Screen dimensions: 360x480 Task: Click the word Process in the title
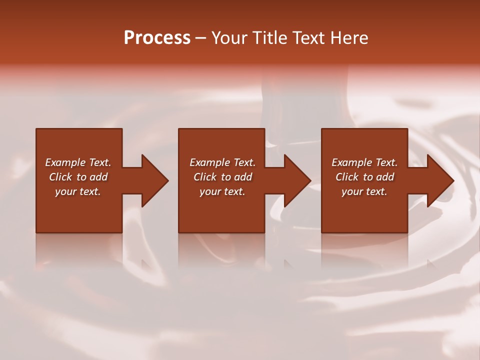(157, 38)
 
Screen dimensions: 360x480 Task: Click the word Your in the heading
(230, 38)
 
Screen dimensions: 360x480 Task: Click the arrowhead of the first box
(154, 180)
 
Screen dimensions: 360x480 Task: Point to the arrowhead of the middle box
(297, 180)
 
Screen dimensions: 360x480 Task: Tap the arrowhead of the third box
(439, 180)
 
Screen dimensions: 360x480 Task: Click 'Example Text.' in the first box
(78, 162)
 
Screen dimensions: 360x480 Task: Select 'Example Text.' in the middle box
(222, 162)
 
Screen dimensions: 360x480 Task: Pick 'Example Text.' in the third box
(364, 162)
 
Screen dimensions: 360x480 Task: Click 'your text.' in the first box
(78, 191)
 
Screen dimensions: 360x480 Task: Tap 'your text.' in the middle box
(222, 191)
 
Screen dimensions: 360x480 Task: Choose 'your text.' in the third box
(364, 191)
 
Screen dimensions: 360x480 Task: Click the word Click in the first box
(60, 177)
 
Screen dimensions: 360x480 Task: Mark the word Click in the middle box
(205, 177)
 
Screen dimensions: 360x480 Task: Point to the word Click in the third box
(347, 177)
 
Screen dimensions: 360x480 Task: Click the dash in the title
(201, 38)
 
